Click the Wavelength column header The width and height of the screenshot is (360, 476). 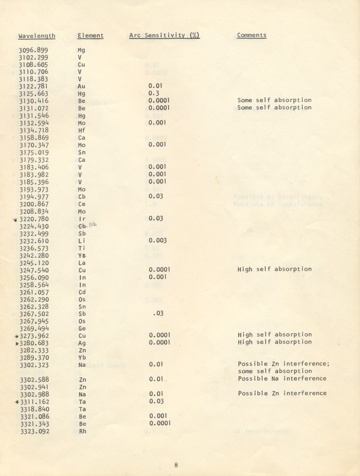click(37, 36)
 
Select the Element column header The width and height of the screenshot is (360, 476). click(91, 36)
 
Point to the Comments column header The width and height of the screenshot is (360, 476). click(252, 35)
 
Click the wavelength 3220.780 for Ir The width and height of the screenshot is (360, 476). click(36, 219)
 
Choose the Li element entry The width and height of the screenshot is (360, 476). click(81, 241)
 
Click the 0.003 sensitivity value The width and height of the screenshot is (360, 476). click(157, 241)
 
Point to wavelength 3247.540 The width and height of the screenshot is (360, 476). click(36, 270)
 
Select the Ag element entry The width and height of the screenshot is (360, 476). click(82, 342)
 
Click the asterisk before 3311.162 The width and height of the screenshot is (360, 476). click(17, 401)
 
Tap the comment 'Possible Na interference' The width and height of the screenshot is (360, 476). click(282, 379)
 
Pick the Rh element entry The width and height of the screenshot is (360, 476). click(82, 431)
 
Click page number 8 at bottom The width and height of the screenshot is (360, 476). click(176, 465)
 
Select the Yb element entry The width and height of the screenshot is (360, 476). click(82, 357)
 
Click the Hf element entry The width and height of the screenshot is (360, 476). click(81, 130)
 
